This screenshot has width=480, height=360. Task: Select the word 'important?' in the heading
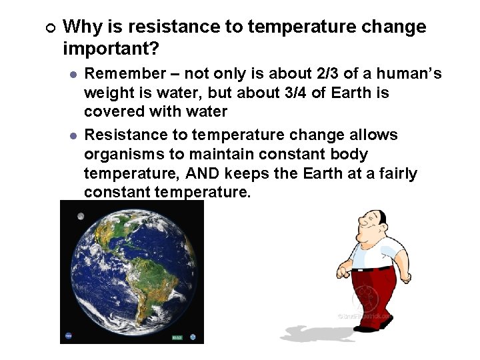111,50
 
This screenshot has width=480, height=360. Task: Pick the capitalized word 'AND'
205,173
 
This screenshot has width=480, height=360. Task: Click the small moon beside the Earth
81,216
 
